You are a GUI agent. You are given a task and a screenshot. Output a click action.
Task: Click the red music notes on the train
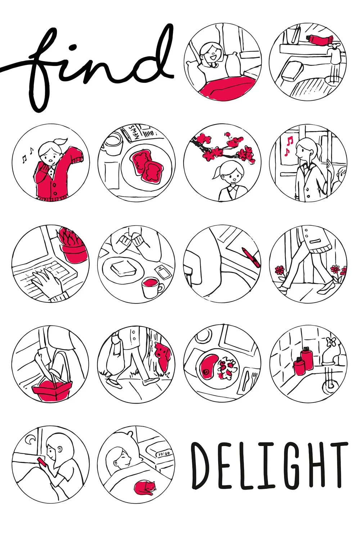289,145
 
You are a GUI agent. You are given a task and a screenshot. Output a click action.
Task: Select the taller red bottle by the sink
306,359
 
